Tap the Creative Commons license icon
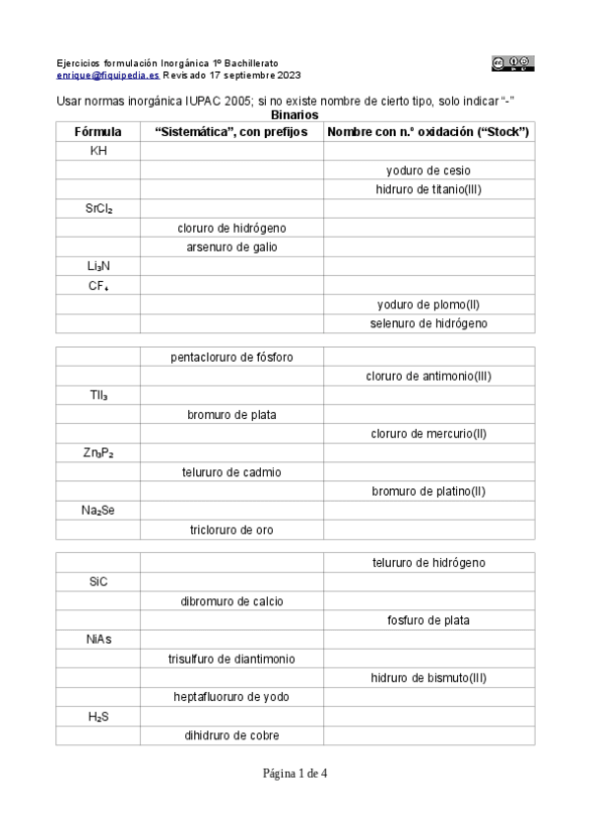[512, 63]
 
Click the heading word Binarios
[294, 115]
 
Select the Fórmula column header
[98, 132]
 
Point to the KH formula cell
[98, 151]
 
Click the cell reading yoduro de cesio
[428, 171]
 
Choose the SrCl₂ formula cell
[98, 209]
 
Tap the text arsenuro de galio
[231, 246]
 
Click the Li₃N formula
[98, 266]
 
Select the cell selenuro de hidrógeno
[428, 323]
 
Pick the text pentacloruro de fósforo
[231, 357]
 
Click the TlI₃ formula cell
[98, 395]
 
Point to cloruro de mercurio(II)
[428, 434]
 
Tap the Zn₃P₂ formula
[98, 453]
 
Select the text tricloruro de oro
[231, 529]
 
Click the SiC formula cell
[98, 582]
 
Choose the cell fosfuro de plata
[428, 620]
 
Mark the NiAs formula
[98, 639]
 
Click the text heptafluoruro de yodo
[231, 697]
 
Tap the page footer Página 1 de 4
[295, 774]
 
